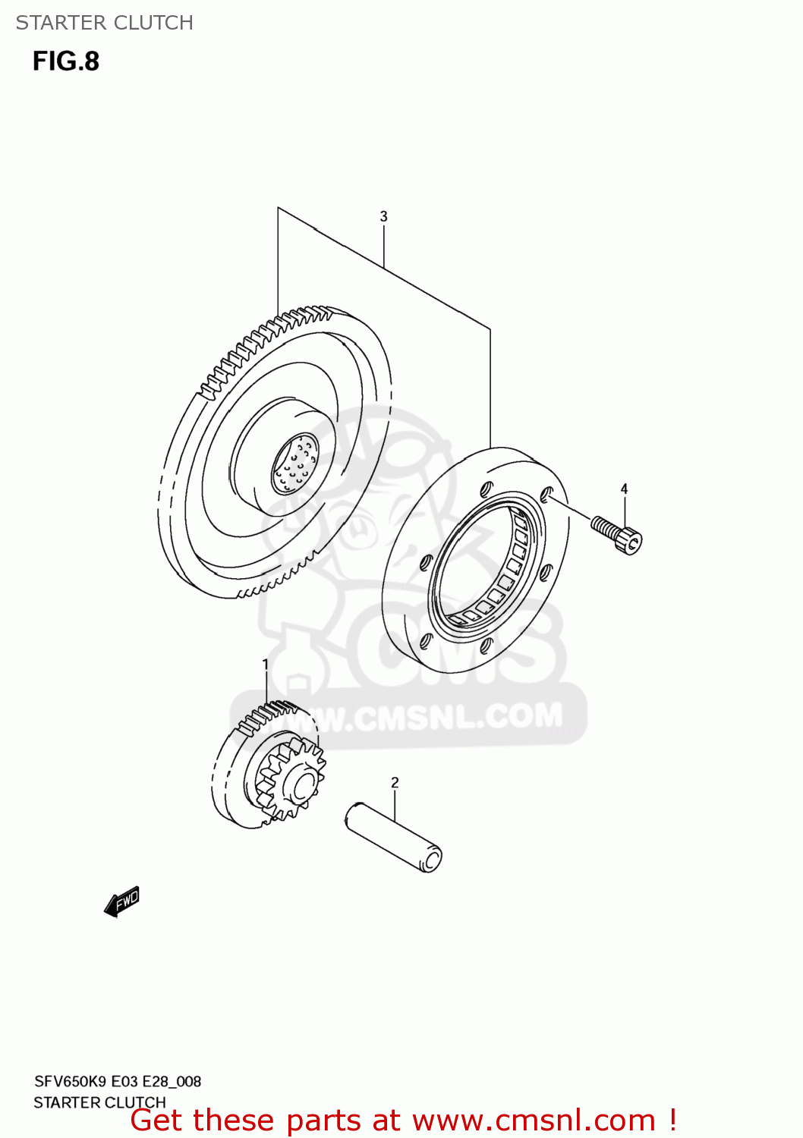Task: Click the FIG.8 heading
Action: click(x=66, y=61)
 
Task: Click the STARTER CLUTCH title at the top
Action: click(x=104, y=23)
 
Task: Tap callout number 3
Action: click(x=383, y=217)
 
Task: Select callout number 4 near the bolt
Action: click(x=624, y=489)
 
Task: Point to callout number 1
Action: click(x=266, y=665)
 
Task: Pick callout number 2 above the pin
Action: click(x=395, y=782)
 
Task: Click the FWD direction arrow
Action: click(x=122, y=901)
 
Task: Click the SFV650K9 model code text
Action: click(x=71, y=1082)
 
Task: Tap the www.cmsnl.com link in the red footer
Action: click(x=534, y=1121)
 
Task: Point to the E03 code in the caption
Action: click(x=125, y=1082)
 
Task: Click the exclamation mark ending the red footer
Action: click(x=672, y=1121)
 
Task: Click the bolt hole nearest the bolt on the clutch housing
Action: click(x=546, y=495)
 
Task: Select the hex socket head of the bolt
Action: click(x=631, y=541)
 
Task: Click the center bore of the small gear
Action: click(x=304, y=785)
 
